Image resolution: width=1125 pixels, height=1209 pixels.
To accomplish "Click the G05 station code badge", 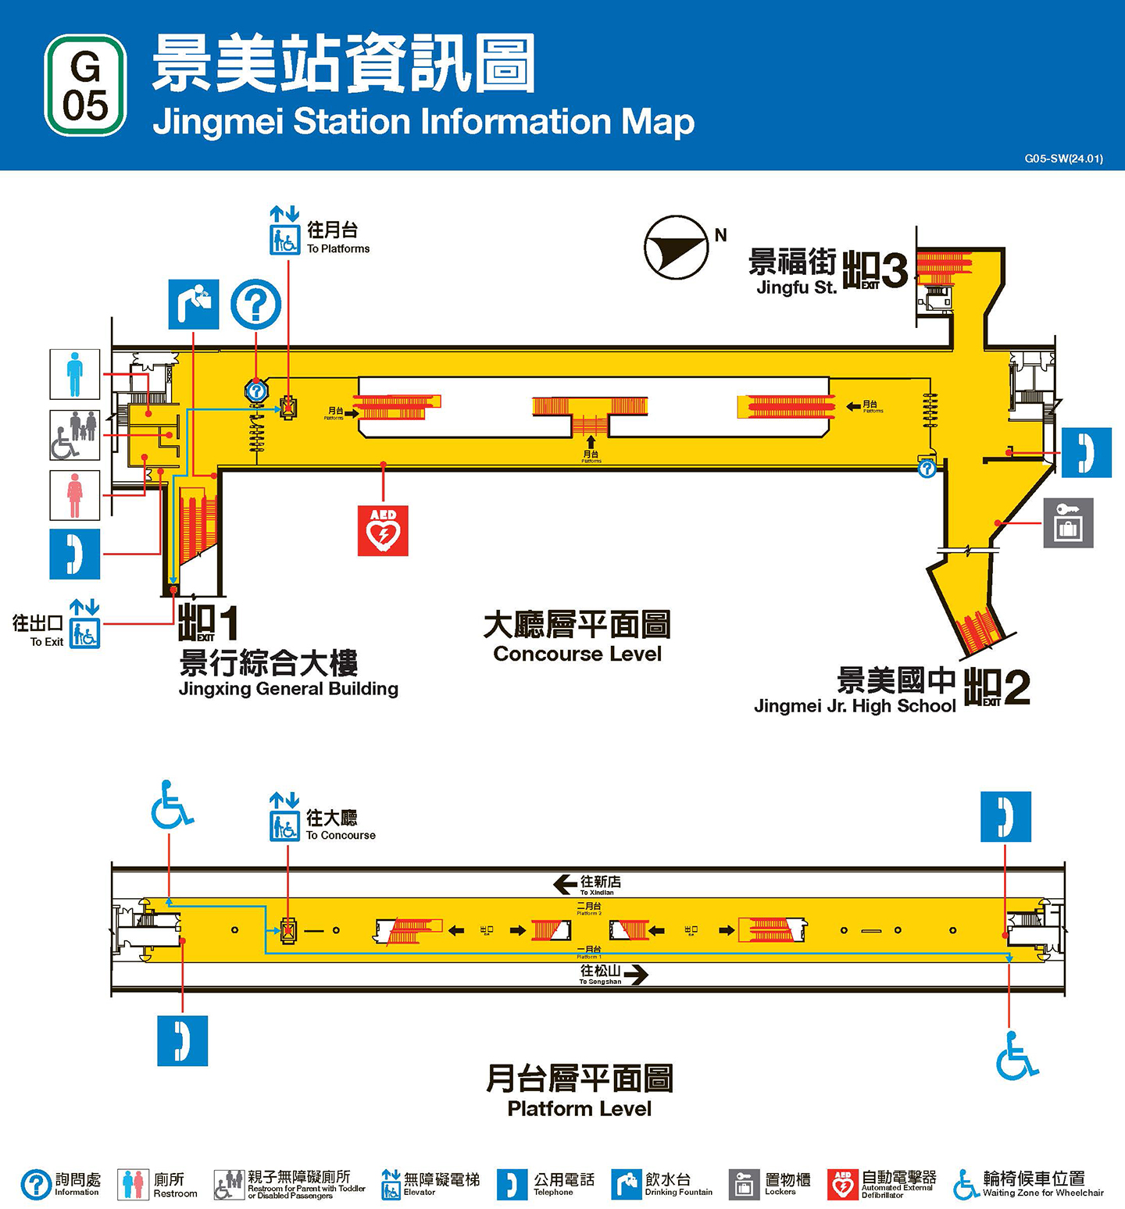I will (x=85, y=85).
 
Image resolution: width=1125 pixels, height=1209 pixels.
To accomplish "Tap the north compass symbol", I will (x=676, y=247).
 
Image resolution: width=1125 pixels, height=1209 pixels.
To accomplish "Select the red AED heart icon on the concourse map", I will (x=383, y=530).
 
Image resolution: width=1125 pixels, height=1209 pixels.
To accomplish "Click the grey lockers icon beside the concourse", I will (x=1068, y=522).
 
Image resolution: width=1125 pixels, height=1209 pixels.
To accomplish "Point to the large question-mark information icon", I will (x=255, y=304).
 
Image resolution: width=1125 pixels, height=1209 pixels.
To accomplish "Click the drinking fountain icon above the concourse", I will (x=194, y=304).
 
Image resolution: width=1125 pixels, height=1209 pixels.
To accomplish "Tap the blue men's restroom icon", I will (x=75, y=374).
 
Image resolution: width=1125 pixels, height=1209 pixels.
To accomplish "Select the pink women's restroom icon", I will (x=75, y=495).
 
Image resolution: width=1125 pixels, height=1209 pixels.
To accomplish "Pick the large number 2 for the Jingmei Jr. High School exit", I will (x=1016, y=687).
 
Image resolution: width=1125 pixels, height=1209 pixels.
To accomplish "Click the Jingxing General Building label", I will (x=287, y=689).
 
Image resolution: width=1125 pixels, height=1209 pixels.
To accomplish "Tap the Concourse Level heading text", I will (x=577, y=654).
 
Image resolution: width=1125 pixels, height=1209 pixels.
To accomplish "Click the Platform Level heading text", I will (x=579, y=1108).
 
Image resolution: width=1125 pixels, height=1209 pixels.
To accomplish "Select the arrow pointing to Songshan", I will (x=636, y=975).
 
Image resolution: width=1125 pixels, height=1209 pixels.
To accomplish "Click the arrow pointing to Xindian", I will (x=565, y=883).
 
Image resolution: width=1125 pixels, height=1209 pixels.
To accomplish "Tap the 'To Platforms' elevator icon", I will (x=284, y=240).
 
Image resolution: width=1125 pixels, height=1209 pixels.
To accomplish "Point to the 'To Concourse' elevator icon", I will (x=284, y=826).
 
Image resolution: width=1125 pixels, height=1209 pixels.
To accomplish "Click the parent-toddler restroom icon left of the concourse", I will (x=75, y=435).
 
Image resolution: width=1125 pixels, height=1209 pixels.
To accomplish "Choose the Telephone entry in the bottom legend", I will (x=546, y=1184).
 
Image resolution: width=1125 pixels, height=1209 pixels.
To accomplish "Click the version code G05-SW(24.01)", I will (x=1063, y=159).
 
